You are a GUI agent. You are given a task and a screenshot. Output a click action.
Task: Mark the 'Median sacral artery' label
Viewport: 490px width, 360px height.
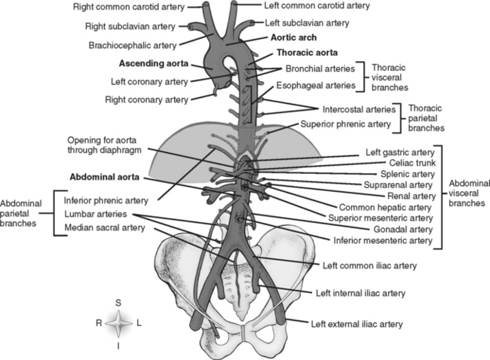coord(102,227)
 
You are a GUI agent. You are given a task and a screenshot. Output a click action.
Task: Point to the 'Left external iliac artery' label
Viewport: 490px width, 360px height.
coord(358,324)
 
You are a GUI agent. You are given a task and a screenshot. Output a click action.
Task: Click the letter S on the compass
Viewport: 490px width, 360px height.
coord(118,301)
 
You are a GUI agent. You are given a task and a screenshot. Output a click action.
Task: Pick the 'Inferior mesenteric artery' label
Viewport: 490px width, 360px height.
coord(381,241)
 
